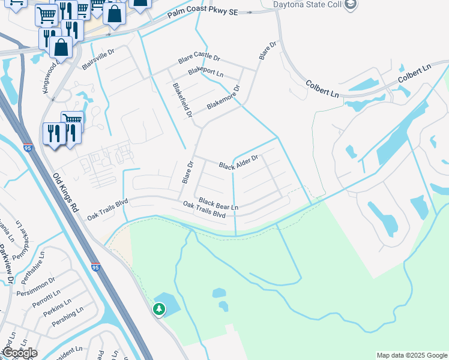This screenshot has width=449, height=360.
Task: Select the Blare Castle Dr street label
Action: (199, 60)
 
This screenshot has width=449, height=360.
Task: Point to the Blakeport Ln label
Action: (205, 73)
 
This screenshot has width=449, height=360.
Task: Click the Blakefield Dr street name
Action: (182, 100)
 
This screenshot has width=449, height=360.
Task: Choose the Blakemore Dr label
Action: (223, 97)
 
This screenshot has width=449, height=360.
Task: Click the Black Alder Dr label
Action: (238, 161)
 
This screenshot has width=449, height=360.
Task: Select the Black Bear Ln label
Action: (218, 204)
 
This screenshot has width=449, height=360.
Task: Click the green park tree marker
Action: (159, 310)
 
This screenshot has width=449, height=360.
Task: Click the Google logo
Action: (20, 353)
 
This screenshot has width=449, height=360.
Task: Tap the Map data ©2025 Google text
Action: (411, 355)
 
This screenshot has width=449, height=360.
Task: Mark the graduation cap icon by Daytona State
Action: (351, 5)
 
